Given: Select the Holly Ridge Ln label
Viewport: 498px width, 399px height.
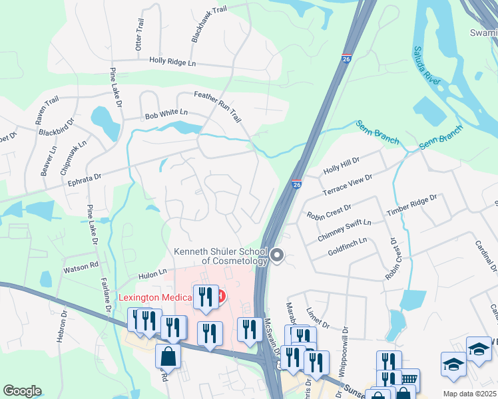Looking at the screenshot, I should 172,61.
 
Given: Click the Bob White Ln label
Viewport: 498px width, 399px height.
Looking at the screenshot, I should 166,114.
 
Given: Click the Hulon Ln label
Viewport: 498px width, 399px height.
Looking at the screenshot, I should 152,273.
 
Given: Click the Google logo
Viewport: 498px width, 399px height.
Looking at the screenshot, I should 22,391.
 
